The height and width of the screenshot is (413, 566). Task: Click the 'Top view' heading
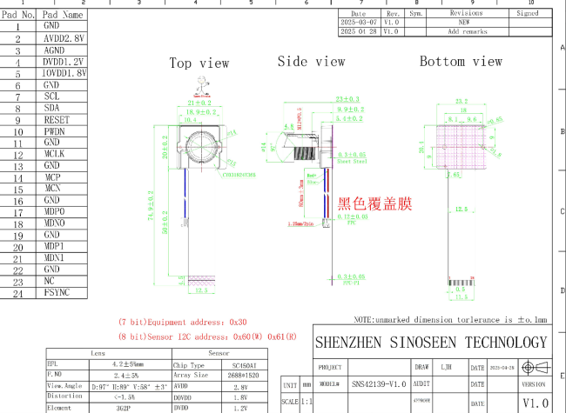(x=199, y=63)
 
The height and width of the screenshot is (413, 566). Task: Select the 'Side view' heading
(x=311, y=62)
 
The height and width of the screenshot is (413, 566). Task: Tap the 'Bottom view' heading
(x=461, y=62)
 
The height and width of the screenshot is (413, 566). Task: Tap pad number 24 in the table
(x=17, y=293)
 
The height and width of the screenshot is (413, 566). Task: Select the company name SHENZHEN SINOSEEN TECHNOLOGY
(x=430, y=343)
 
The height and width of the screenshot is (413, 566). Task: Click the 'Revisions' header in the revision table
(x=466, y=14)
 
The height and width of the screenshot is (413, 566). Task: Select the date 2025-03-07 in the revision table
(x=359, y=23)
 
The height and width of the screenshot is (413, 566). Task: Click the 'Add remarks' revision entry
(x=467, y=31)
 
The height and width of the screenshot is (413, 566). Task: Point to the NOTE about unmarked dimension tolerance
(x=455, y=320)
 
